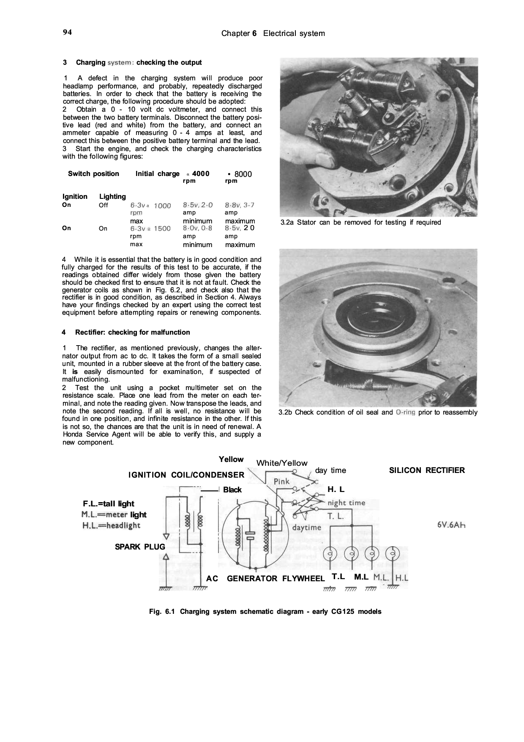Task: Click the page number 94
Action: pos(67,32)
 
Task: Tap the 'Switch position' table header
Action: pos(93,174)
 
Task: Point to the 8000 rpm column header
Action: pos(239,176)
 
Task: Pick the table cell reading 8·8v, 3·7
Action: pos(240,205)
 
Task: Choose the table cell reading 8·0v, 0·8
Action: pos(197,228)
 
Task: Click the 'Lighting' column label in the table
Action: pos(112,196)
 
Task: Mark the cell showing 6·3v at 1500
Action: pos(150,228)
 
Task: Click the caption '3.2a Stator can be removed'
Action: pos(360,223)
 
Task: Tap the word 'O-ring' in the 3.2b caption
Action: pos(406,412)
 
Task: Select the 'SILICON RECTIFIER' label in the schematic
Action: pos(426,470)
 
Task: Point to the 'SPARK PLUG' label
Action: pos(140,547)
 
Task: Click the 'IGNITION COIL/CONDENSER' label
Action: pos(186,475)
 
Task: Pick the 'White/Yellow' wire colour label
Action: pos(282,463)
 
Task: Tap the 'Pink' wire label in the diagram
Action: pos(281,481)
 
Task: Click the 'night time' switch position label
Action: pos(347,503)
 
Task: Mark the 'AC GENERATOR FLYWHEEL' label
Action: pos(265,579)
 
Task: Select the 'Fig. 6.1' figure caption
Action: pos(265,612)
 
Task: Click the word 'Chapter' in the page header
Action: pos(235,33)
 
